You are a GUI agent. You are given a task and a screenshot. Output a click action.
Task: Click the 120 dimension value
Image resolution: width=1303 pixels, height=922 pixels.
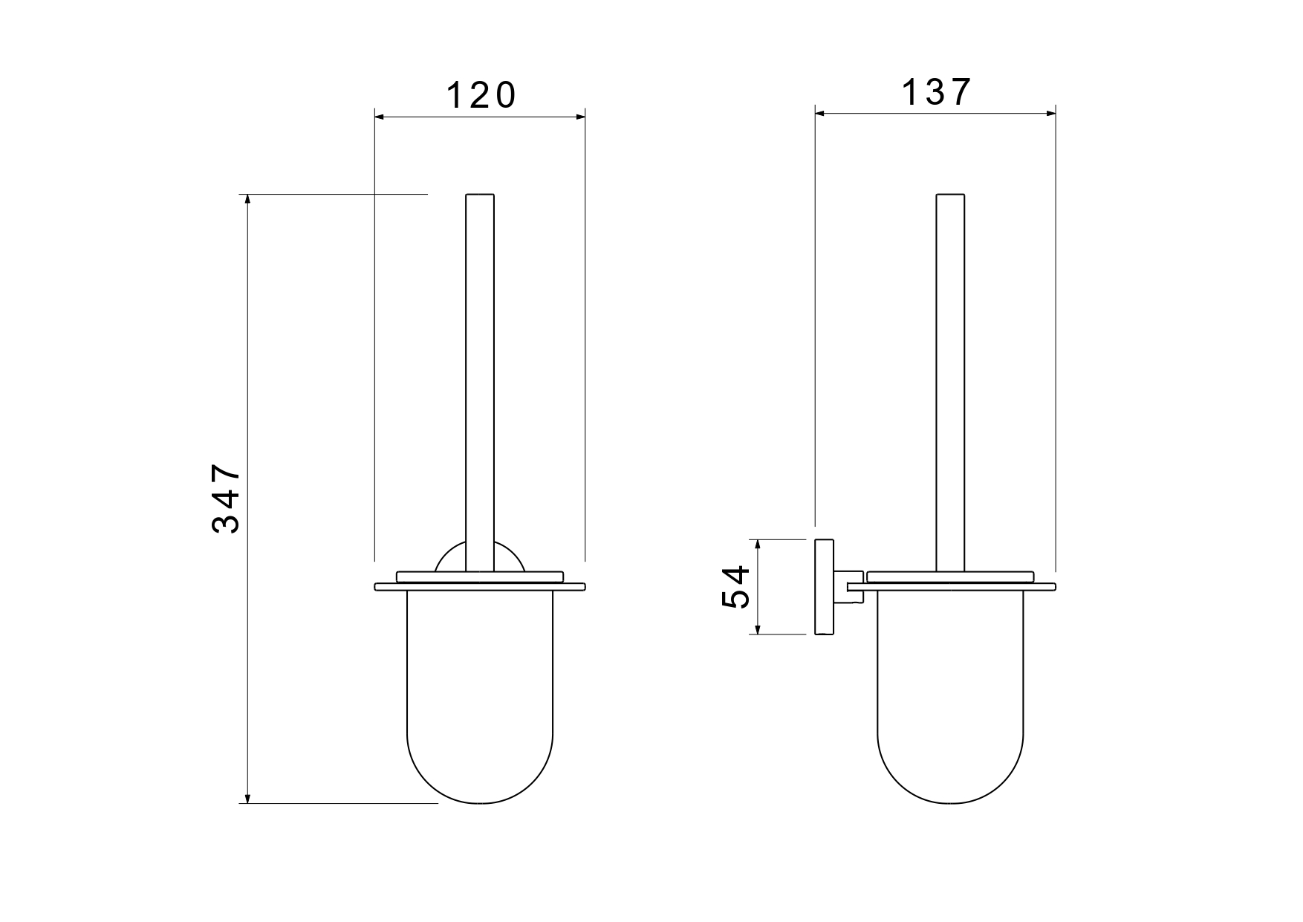point(481,96)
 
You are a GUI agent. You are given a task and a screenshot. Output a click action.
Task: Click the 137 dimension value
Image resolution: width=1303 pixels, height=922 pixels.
point(936,93)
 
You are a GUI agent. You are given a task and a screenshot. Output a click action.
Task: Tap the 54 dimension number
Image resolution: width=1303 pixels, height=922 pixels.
point(735,587)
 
